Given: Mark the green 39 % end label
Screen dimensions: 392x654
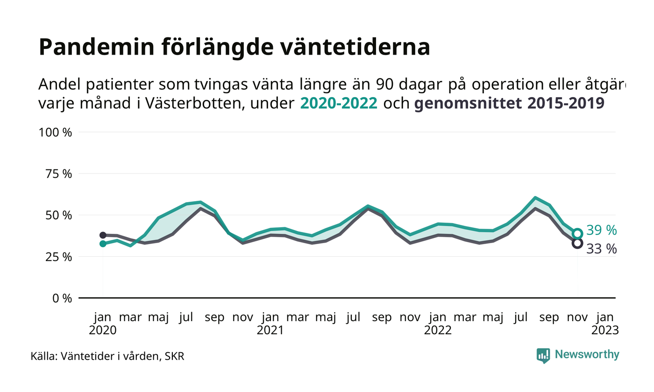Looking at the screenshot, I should (x=602, y=231).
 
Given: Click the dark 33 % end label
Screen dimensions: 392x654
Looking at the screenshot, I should (x=601, y=249).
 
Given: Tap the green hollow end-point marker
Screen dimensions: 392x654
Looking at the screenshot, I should (x=577, y=233).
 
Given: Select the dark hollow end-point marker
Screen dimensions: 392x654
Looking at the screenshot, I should (x=577, y=243).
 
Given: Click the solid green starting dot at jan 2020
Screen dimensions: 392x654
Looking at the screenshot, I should (x=103, y=244).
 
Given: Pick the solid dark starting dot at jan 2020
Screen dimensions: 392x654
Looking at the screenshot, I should (x=103, y=235).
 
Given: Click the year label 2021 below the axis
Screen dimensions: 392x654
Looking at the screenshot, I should (x=270, y=330).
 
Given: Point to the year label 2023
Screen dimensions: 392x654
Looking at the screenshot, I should (x=605, y=330).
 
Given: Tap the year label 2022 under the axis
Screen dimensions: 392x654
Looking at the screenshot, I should (x=438, y=330).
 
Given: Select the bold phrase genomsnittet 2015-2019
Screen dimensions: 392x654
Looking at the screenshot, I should (x=509, y=103).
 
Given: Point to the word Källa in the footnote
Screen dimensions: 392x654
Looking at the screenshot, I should (x=43, y=357).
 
